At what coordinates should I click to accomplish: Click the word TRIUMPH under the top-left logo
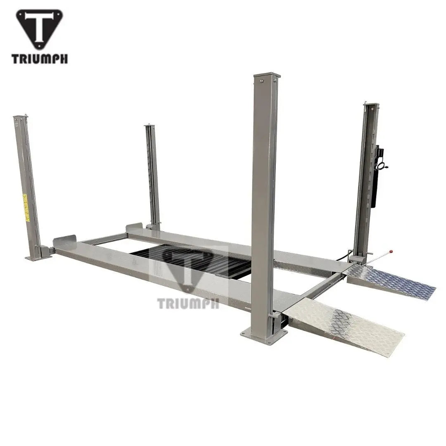coord(40,59)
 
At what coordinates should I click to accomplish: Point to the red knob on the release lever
coord(391,251)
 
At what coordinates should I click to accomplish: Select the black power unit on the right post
coord(375,178)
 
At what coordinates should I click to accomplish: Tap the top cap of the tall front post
coord(266,76)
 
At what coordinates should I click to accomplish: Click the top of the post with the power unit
coord(371,106)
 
